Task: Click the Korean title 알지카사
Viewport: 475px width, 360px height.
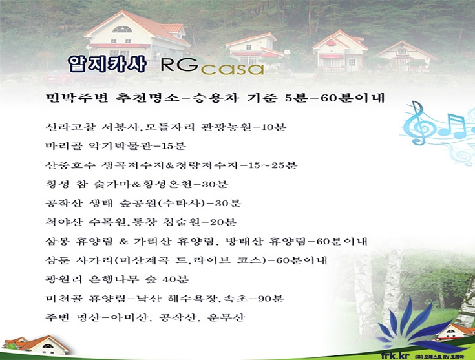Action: coord(107,63)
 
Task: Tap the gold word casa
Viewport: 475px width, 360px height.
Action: coord(233,69)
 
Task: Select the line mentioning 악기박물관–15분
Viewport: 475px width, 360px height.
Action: coord(116,146)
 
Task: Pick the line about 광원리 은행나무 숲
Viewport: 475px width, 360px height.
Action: coord(117,279)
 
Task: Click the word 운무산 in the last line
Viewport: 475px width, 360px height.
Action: coord(226,317)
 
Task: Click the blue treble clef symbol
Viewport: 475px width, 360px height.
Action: coord(418,123)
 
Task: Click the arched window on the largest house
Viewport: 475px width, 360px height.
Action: coord(122,29)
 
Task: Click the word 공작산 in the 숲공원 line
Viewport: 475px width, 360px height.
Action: coord(64,204)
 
